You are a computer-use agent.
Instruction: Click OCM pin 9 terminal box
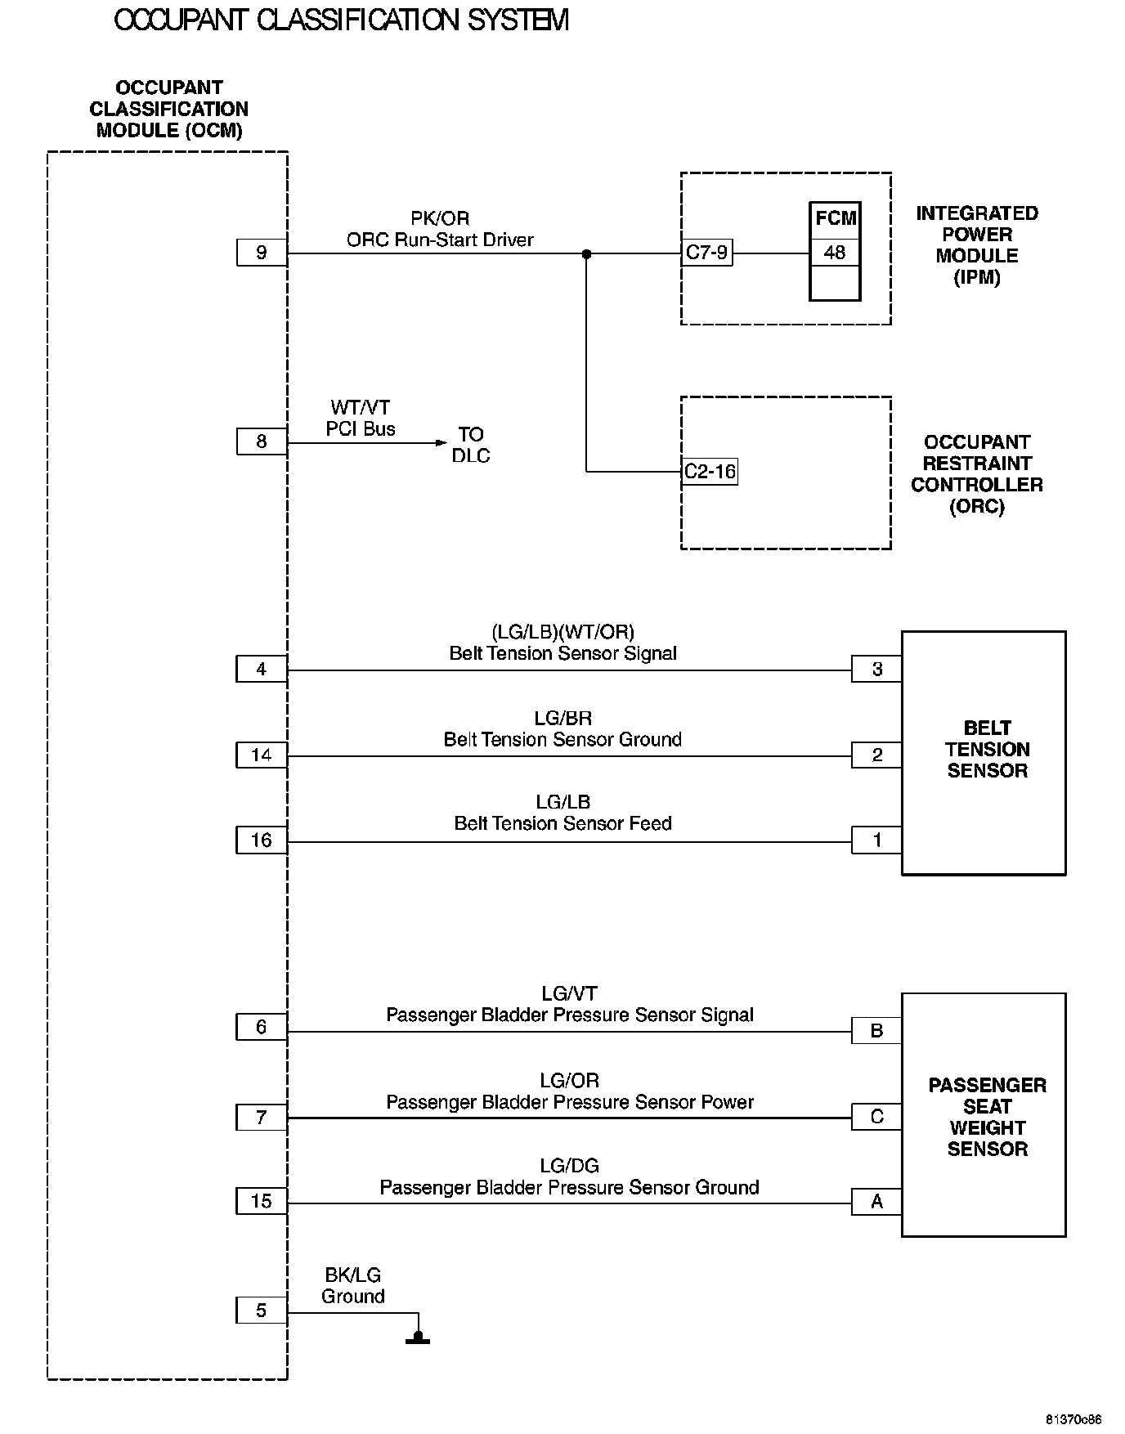click(x=262, y=253)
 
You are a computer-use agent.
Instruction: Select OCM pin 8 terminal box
click(x=262, y=441)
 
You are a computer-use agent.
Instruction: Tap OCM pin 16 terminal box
click(x=262, y=840)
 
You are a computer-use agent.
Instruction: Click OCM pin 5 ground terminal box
click(x=262, y=1311)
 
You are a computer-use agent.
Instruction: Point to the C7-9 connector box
click(x=707, y=253)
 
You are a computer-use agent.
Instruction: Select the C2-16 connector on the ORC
click(x=710, y=472)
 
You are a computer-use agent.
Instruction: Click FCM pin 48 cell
click(x=835, y=253)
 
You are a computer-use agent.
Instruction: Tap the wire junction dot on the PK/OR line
click(x=586, y=254)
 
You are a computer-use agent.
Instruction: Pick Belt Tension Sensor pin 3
click(x=876, y=669)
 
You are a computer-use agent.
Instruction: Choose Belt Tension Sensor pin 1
click(x=876, y=840)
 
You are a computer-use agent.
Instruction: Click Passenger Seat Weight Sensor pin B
click(x=876, y=1030)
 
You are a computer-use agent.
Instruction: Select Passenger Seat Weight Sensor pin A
click(x=876, y=1201)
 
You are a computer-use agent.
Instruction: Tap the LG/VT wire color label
click(x=569, y=993)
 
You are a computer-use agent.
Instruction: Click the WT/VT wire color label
click(x=361, y=407)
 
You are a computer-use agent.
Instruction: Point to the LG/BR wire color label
click(x=562, y=718)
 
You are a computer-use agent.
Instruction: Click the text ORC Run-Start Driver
click(x=440, y=240)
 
